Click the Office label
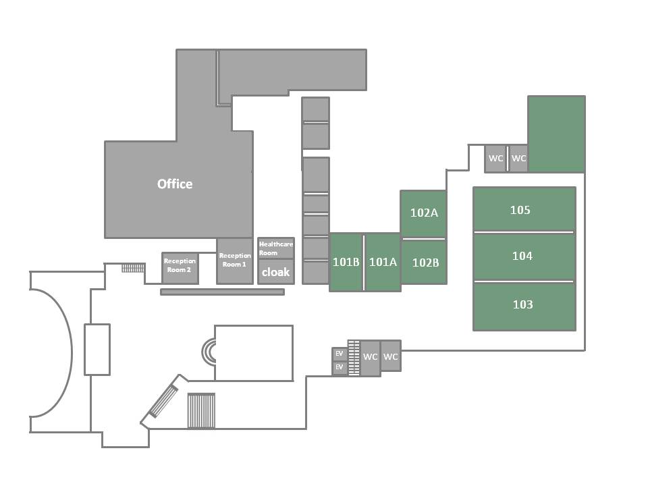click(x=175, y=184)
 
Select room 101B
click(x=346, y=262)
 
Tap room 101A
click(x=383, y=262)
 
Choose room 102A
click(x=424, y=214)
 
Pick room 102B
click(x=424, y=262)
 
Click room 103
click(x=524, y=306)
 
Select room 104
click(x=524, y=256)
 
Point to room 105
click(x=524, y=209)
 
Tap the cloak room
click(x=276, y=272)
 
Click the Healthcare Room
click(x=276, y=248)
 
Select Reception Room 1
click(x=235, y=261)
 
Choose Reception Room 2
click(x=180, y=268)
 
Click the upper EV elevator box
click(x=340, y=354)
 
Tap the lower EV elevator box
click(x=340, y=367)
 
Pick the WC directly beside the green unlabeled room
click(x=518, y=158)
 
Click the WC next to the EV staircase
click(x=371, y=358)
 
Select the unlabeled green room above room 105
click(x=557, y=134)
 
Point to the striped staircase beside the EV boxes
click(x=354, y=358)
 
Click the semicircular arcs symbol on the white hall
click(x=209, y=352)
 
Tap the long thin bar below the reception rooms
click(x=222, y=292)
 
